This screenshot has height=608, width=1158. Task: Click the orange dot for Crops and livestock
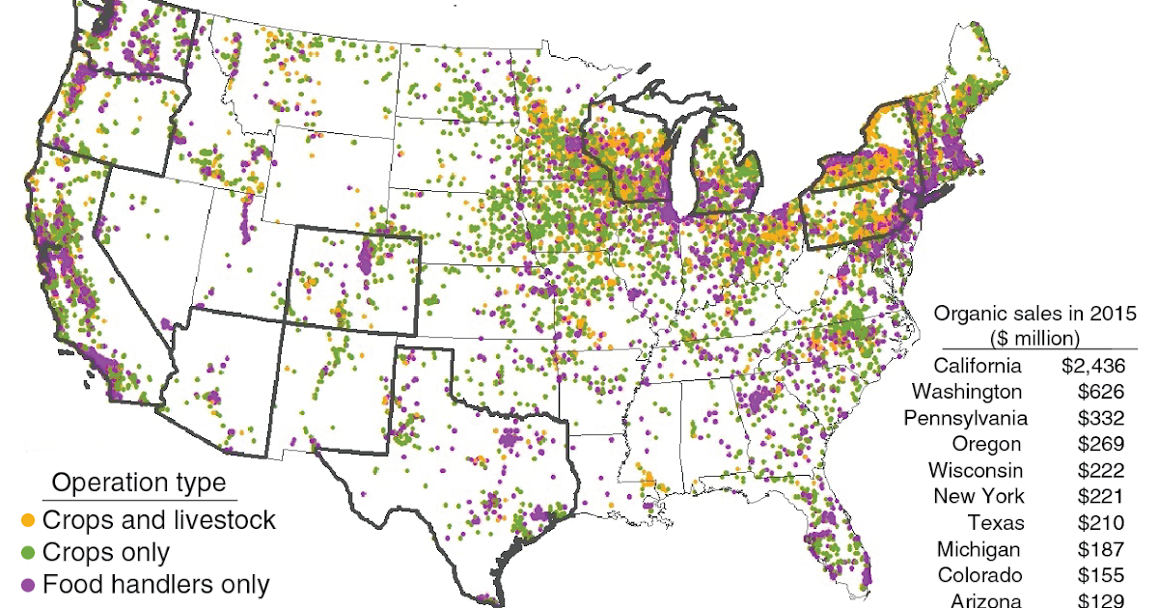tap(28, 521)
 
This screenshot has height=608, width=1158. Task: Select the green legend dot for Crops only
tap(28, 553)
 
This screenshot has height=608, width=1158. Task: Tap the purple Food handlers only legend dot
tap(28, 585)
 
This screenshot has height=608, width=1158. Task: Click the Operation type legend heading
tap(138, 483)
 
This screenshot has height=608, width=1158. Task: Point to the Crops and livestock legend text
tap(159, 520)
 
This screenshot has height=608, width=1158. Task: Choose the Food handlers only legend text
tap(156, 584)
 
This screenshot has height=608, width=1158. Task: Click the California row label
tap(977, 366)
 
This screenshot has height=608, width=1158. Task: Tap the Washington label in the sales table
tap(966, 392)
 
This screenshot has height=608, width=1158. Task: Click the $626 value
tap(1102, 392)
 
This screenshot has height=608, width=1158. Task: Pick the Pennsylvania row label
tap(965, 418)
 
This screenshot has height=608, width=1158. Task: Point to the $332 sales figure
tap(1102, 418)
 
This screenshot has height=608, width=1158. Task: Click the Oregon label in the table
tap(985, 444)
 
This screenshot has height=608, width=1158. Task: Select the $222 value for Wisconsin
tap(1102, 470)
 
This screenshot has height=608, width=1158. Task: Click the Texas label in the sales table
tap(994, 523)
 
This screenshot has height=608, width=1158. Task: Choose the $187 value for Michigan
tap(1102, 549)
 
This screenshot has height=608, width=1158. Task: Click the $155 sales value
tap(1102, 575)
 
